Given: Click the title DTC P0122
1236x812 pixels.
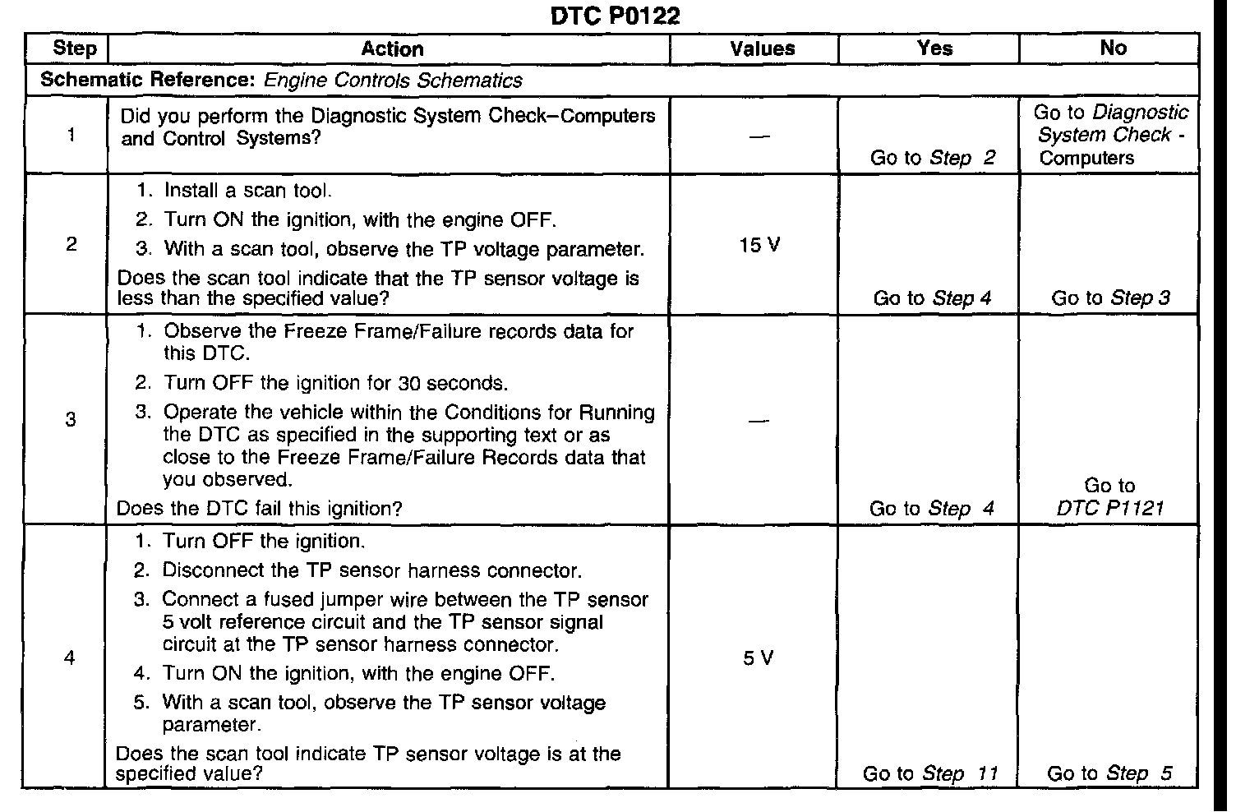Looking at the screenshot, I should pos(614,16).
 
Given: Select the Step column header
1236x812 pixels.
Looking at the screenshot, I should pos(74,48).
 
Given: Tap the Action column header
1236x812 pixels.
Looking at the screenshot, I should pos(392,49).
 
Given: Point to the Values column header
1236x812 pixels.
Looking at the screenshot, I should pos(762,49).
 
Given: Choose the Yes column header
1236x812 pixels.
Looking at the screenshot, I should pos(934,48).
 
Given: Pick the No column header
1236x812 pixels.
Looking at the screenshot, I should pos(1113,48).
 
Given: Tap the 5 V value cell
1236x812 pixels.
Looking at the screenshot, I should pos(758,658).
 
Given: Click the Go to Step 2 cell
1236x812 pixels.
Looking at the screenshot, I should pos(933,158).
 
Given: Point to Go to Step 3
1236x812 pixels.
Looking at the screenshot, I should pos(1110,298).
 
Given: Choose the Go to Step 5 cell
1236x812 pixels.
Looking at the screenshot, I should pos(1109,773).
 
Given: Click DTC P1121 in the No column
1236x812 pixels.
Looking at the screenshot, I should pos(1110,508).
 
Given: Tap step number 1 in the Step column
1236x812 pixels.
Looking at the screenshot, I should pos(71,135).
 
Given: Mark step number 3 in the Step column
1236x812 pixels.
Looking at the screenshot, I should pos(71,420).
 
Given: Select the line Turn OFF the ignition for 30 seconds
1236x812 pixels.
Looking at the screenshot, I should pos(335,383).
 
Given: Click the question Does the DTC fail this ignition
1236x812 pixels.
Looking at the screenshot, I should pos(259,509).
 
